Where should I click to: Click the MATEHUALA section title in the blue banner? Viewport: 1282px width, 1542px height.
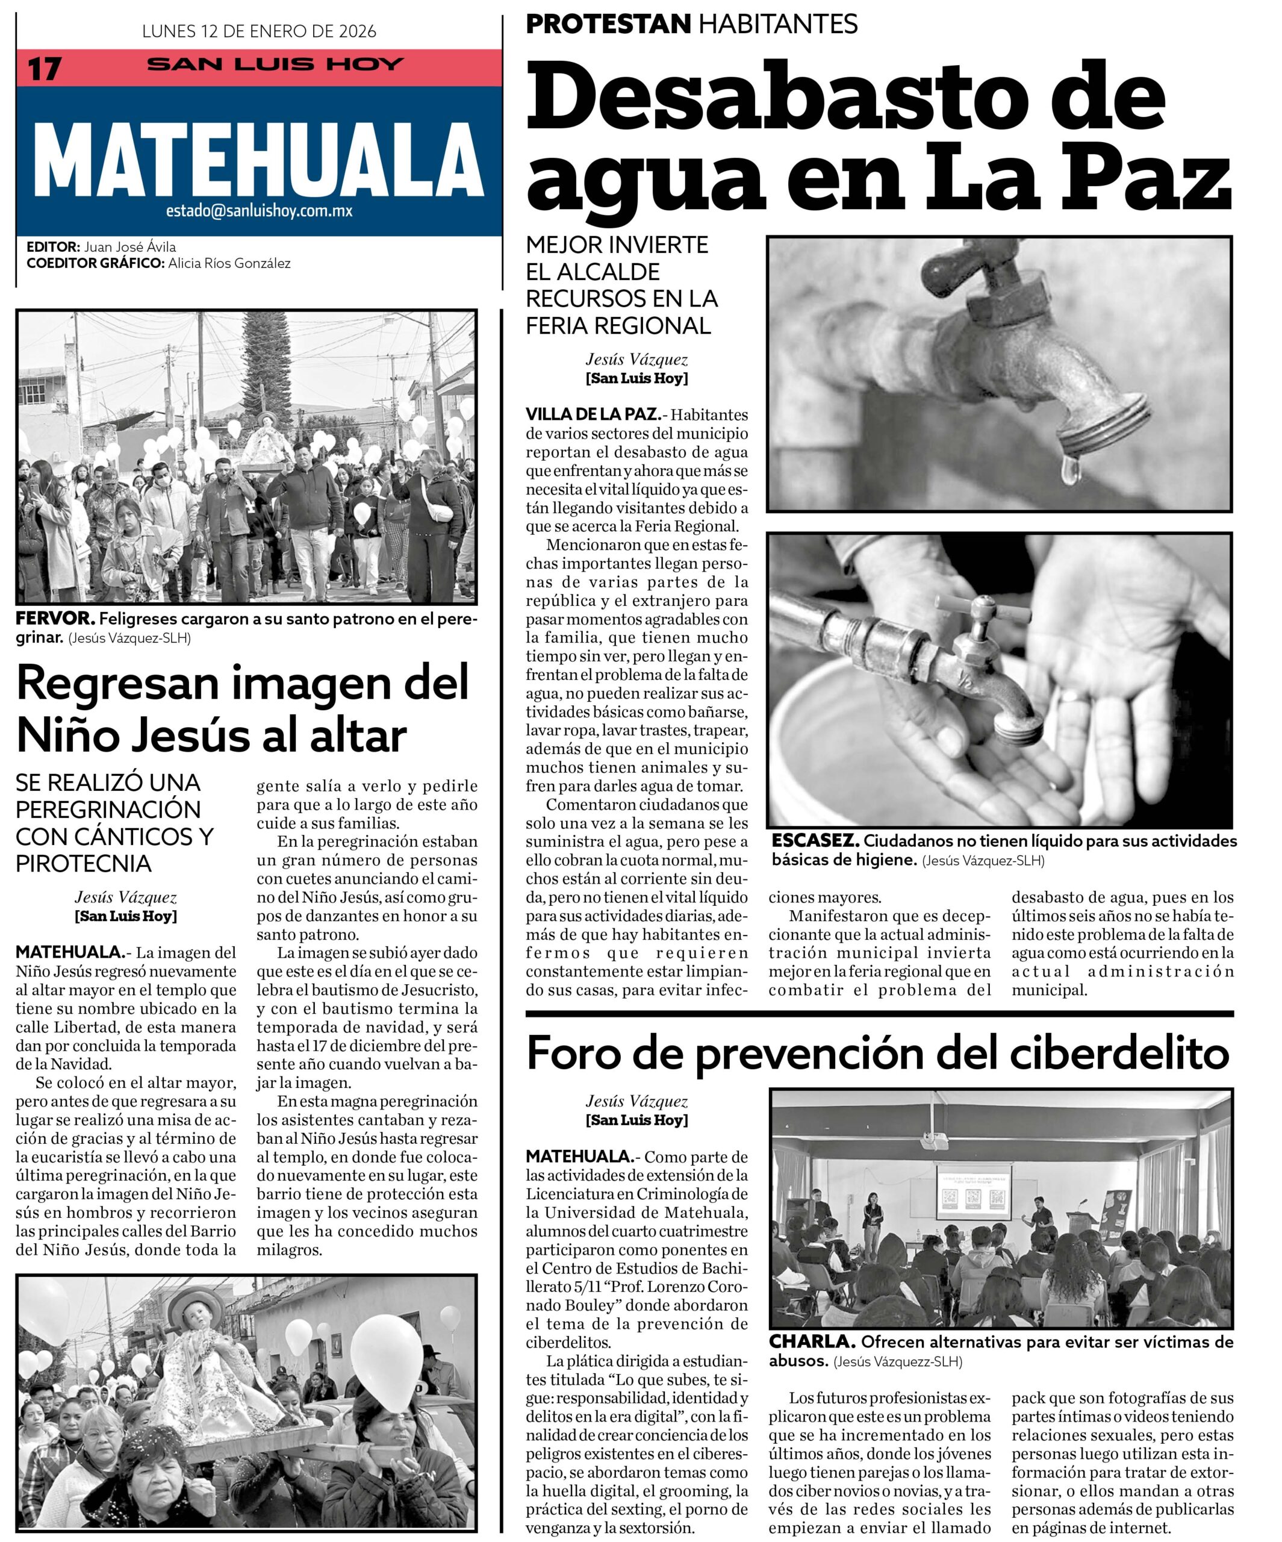258,160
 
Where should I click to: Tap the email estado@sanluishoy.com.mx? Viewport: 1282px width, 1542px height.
258,211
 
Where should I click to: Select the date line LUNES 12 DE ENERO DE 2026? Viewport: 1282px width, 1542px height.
258,31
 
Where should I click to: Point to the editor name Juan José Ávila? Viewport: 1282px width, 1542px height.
129,247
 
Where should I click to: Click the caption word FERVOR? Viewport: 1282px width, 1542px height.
55,618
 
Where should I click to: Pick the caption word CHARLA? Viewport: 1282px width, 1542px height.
811,1341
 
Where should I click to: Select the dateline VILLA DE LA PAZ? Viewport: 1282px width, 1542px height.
592,414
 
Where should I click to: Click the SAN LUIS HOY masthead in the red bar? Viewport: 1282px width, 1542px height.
275,64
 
